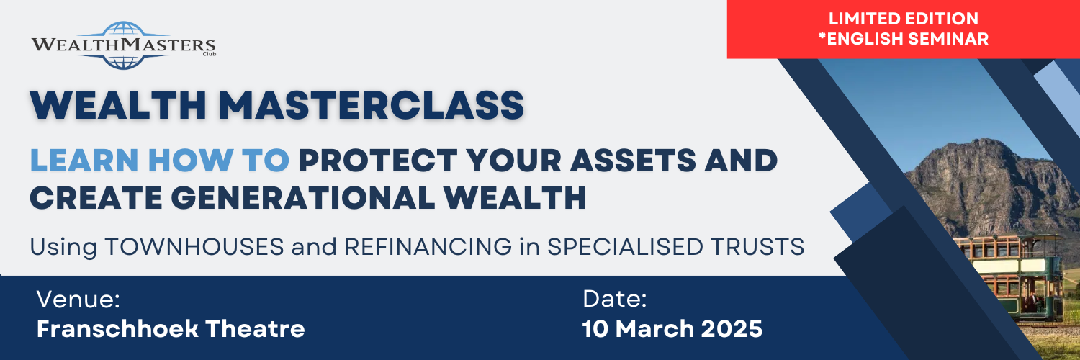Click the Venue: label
click(x=78, y=299)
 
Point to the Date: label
click(x=615, y=299)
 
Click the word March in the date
click(x=650, y=329)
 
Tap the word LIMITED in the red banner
click(x=861, y=19)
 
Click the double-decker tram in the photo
click(x=1015, y=274)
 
